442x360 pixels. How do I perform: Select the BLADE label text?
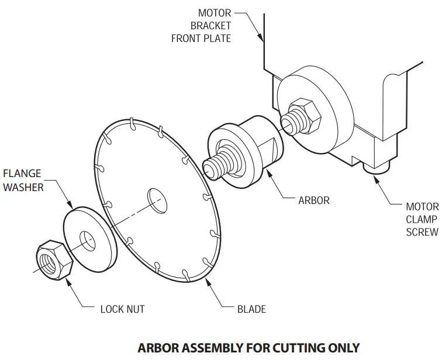pos(251,308)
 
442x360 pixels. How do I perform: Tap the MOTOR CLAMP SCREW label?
pos(422,219)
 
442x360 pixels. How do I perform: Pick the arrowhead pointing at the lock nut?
pos(68,280)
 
